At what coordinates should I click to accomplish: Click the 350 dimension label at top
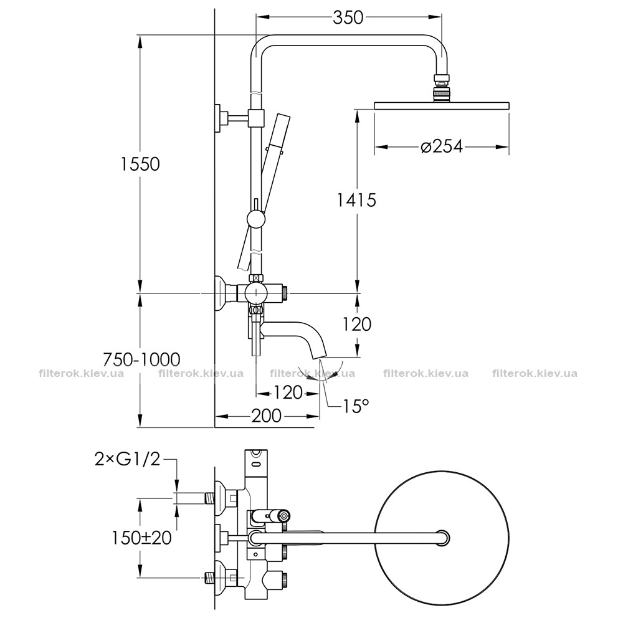pos(348,17)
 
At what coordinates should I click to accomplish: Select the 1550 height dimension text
pos(140,164)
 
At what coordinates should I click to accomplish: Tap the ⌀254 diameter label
pos(442,146)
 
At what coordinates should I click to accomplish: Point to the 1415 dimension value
pos(356,200)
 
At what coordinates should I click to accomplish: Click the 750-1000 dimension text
pos(141,359)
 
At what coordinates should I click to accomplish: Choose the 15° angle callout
pos(356,406)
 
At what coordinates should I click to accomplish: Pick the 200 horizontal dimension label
pos(266,416)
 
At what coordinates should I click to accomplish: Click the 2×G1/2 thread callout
pos(127,459)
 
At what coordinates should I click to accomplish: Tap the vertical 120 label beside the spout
pos(357,324)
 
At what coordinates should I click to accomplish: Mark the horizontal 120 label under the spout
pos(288,393)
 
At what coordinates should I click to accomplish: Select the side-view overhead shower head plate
pos(442,105)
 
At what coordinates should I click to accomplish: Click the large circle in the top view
pos(442,538)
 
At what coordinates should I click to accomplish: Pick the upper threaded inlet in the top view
pos(209,497)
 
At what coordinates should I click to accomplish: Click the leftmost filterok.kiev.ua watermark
pos(82,373)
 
